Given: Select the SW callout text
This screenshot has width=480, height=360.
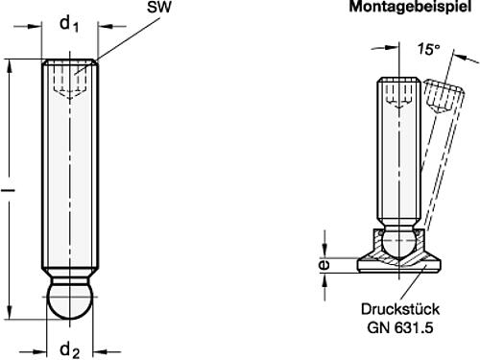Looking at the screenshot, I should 159,9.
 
